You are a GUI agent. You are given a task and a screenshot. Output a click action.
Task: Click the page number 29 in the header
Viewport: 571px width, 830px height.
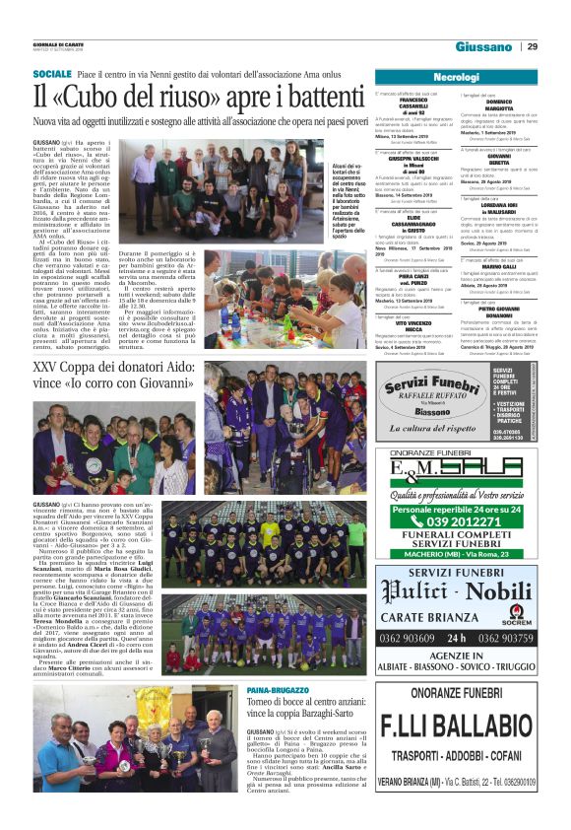tap(532, 46)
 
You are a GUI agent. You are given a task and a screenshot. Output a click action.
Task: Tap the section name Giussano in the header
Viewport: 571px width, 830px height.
tap(483, 47)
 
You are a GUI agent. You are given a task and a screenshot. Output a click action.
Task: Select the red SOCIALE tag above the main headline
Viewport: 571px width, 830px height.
tap(51, 75)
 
